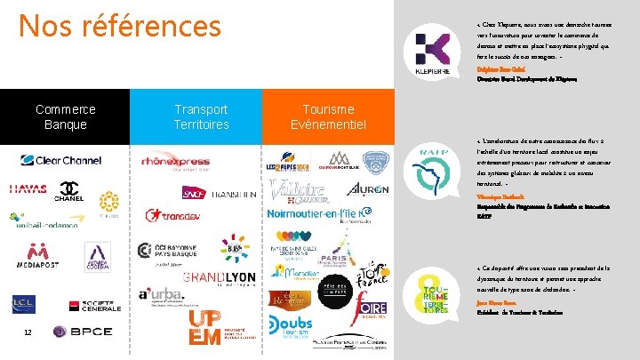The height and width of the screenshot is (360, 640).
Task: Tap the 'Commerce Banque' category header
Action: (66, 117)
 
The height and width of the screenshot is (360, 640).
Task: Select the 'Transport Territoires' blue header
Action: (201, 117)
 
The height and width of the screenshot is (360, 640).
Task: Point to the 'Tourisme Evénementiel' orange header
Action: (327, 117)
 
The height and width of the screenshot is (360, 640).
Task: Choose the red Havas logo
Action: (28, 189)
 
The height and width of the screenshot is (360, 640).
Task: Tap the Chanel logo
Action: (71, 191)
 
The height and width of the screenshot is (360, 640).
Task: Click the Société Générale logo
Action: (96, 307)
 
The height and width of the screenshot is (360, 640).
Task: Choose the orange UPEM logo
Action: (206, 325)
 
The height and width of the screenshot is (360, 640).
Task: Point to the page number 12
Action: (28, 332)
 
